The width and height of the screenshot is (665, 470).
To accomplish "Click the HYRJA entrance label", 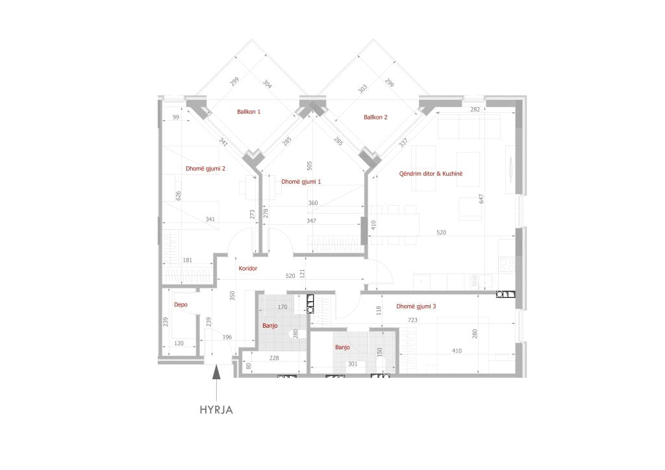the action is (x=216, y=410).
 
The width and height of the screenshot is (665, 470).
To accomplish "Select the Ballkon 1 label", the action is (x=249, y=112).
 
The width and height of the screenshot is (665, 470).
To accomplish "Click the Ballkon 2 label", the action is (x=375, y=117).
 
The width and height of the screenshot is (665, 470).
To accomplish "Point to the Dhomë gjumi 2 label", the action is (x=205, y=169).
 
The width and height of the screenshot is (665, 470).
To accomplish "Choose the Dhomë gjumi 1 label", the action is (x=301, y=182).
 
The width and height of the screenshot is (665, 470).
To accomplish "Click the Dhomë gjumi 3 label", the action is (x=416, y=306).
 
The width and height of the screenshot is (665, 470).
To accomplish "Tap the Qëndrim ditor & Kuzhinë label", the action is (x=431, y=174).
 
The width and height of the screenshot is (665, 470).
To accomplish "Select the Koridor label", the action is (x=247, y=268).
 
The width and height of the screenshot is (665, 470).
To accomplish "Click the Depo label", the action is (x=181, y=304).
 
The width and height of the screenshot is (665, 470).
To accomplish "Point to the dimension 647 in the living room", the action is (x=481, y=199).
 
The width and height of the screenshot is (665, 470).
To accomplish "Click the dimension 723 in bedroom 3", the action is (x=412, y=320).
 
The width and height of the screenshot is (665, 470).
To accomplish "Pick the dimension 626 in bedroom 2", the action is (x=178, y=196).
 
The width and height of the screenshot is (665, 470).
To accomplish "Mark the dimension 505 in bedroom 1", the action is (x=309, y=166).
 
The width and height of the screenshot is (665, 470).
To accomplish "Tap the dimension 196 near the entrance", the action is (x=227, y=338).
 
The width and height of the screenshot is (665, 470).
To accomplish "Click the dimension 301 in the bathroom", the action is (x=353, y=364).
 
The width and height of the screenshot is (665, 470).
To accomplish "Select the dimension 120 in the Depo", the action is (x=179, y=343).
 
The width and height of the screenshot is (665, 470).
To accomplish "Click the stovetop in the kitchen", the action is (x=507, y=266).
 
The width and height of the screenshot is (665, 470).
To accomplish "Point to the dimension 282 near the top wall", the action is (x=475, y=109).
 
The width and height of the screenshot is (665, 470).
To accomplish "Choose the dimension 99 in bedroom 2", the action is (x=176, y=117).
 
